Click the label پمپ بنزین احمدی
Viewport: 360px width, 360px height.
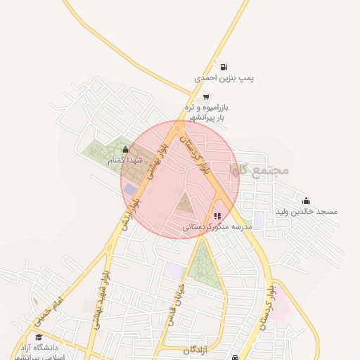click(x=224, y=79)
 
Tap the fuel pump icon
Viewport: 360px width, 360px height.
click(x=224, y=67)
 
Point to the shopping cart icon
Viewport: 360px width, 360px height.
click(x=206, y=96)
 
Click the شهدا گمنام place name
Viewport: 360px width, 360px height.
click(x=126, y=160)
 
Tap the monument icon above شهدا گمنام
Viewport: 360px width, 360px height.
click(x=125, y=149)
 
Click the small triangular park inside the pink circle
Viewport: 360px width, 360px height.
click(x=185, y=205)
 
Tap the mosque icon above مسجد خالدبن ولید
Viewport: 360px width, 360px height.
click(x=306, y=200)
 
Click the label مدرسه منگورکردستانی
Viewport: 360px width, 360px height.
click(x=217, y=227)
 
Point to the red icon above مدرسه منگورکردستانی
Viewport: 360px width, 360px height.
click(x=217, y=216)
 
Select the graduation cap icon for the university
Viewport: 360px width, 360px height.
click(x=37, y=337)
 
